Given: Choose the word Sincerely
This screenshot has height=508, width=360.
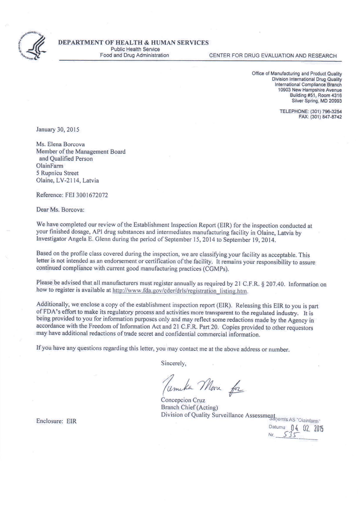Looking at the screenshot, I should tap(174, 363).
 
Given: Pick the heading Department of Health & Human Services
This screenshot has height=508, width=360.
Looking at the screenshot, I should tap(134, 42).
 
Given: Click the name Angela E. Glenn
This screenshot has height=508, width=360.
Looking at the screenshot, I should tap(99, 240).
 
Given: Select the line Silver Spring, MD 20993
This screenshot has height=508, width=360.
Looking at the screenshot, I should tap(316, 101).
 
